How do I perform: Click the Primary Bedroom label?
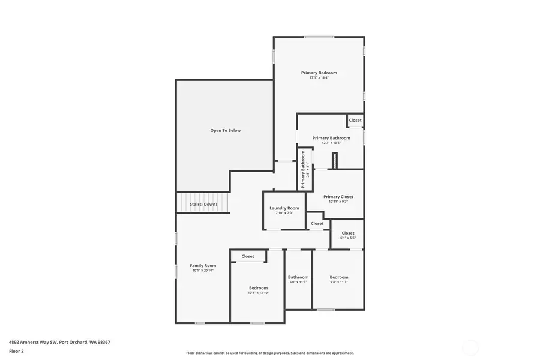coord(319,73)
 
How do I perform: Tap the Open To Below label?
coord(225,130)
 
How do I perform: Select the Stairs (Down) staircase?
coord(203,203)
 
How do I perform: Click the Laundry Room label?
coord(284,208)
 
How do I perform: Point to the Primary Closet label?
coord(338,197)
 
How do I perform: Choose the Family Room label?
coord(203,265)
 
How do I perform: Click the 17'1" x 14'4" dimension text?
coord(319,78)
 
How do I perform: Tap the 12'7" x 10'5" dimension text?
coord(331,143)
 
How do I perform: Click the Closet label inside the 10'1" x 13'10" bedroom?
coord(248,256)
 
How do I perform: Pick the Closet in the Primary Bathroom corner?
coord(355,121)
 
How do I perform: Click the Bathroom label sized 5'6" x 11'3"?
coord(298,277)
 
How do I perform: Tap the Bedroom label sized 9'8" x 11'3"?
coord(338,277)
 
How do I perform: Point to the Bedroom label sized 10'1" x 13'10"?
coord(258,288)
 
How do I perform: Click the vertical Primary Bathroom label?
coord(304,169)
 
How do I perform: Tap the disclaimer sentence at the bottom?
coord(269,353)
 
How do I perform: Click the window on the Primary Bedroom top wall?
coord(319,37)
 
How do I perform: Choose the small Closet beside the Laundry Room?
coord(317,223)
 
